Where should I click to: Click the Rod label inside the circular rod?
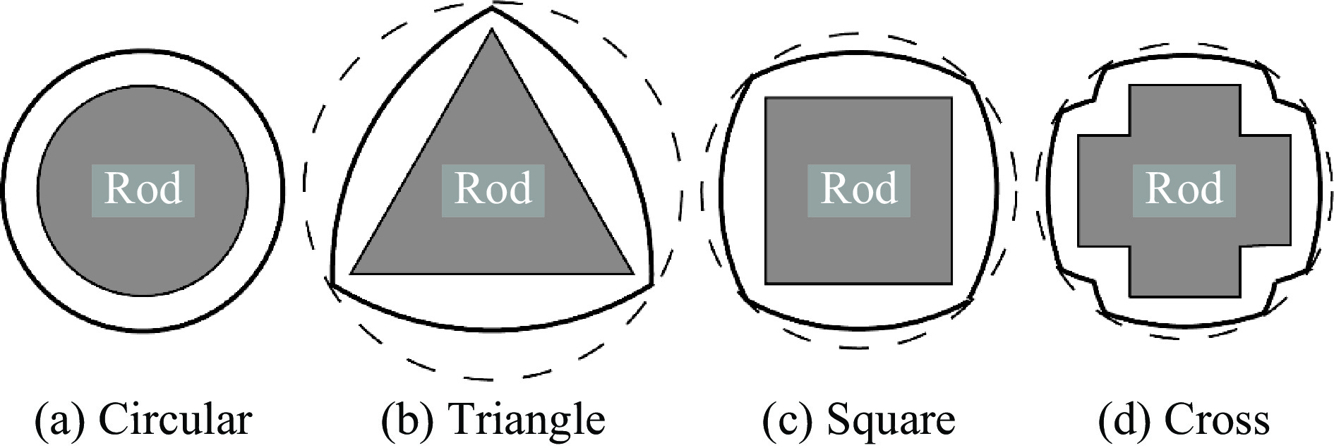[143, 189]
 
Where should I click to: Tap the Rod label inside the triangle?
[493, 189]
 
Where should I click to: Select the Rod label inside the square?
[859, 189]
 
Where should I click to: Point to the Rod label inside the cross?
[1184, 189]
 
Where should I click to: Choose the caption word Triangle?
[527, 421]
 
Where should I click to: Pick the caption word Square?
[891, 421]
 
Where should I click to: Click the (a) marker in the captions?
[60, 420]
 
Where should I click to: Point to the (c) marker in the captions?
[787, 420]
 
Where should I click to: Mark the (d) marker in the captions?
[1124, 420]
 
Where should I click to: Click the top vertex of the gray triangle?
[492, 29]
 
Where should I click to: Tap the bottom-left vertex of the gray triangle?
[351, 273]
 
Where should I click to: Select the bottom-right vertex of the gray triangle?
[633, 273]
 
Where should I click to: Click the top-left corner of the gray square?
[767, 98]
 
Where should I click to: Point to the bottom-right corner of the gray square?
[951, 284]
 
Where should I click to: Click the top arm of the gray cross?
[1184, 109]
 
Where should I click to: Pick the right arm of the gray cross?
[1266, 190]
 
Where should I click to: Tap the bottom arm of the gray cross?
[1184, 271]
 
